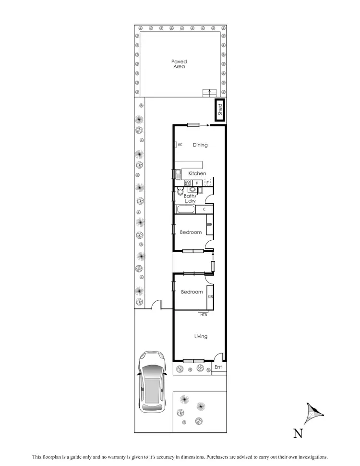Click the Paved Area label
179,64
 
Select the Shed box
220,111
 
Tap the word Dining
200,145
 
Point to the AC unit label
180,144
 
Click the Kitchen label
197,173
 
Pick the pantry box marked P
197,183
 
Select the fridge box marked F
208,183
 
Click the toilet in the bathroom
180,193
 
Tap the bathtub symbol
185,209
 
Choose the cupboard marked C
204,209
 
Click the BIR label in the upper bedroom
210,225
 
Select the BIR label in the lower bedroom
210,297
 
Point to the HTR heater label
204,315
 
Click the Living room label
201,336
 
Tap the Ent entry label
218,368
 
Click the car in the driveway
150,382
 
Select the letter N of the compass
298,434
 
